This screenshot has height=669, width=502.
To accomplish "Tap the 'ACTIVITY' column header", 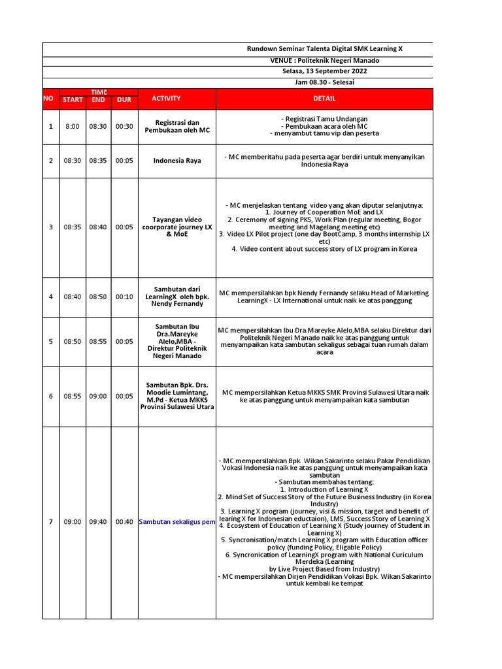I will pos(166,99).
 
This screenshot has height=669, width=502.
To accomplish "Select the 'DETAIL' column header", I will pos(324,99).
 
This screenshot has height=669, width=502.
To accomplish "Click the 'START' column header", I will pos(73,100).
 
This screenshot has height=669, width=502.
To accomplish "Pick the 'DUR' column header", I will pos(124,100).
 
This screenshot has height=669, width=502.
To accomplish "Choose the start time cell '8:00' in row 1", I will pos(73,127).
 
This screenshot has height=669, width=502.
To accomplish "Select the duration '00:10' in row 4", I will pos(124,297).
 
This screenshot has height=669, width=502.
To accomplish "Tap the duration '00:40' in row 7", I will pos(124,522).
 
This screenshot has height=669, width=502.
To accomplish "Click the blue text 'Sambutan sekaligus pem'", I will pos(177,522).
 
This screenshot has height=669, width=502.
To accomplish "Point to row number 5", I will pos(51,341).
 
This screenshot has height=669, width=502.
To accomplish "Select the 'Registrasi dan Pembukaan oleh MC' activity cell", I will pos(176,127).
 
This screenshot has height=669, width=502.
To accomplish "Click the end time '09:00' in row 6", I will pos(98,396).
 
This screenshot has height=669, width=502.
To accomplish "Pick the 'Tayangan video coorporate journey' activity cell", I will pos(176,227).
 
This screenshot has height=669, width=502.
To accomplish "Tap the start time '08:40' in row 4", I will pos(73,297).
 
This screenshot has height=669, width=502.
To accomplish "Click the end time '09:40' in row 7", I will pos(98,522).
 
